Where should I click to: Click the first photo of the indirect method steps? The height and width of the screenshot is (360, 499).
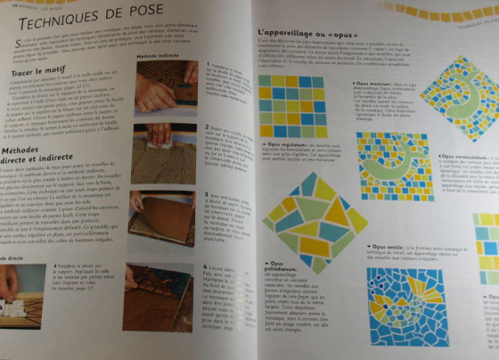165,85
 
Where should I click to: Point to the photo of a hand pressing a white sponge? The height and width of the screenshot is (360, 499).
163,151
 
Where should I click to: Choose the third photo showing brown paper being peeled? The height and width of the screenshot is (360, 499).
163,217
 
